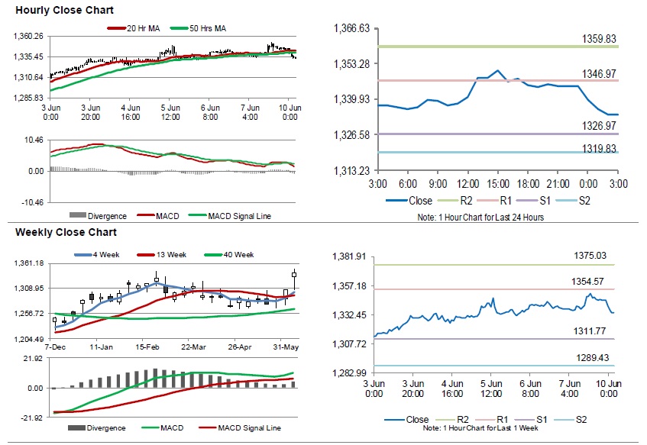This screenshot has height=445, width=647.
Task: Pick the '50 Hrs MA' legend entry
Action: click(208, 29)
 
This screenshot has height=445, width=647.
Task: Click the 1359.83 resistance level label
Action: click(600, 37)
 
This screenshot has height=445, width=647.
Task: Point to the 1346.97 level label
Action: click(600, 73)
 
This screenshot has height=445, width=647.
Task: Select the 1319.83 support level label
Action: click(600, 148)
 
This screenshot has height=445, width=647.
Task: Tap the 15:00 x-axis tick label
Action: click(497, 185)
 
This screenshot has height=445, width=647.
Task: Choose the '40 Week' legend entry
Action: click(236, 254)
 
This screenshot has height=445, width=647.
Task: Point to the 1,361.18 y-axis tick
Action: click(28, 263)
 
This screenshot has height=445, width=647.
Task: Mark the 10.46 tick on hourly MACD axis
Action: click(33, 140)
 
